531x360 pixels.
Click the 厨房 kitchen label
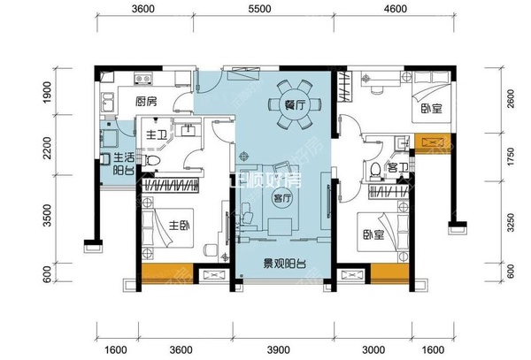coord(146,101)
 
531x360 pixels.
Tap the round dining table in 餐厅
coord(295,105)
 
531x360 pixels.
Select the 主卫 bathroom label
coord(157,135)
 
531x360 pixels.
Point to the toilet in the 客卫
coord(375,170)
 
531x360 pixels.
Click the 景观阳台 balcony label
coord(285,264)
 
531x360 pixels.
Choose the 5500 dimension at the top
coord(259,9)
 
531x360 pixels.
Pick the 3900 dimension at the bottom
coord(279,350)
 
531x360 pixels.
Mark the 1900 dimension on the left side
coord(48,92)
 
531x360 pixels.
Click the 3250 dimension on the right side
coord(511,222)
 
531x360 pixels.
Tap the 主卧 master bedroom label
coord(180,225)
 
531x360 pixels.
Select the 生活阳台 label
coord(124,164)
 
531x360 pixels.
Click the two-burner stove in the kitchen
coord(142,79)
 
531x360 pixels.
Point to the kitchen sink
coord(108,102)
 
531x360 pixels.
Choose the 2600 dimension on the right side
coord(511,99)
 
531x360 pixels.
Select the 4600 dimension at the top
coord(396,9)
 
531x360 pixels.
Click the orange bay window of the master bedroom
coord(167,272)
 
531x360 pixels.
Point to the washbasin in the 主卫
coord(188,130)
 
